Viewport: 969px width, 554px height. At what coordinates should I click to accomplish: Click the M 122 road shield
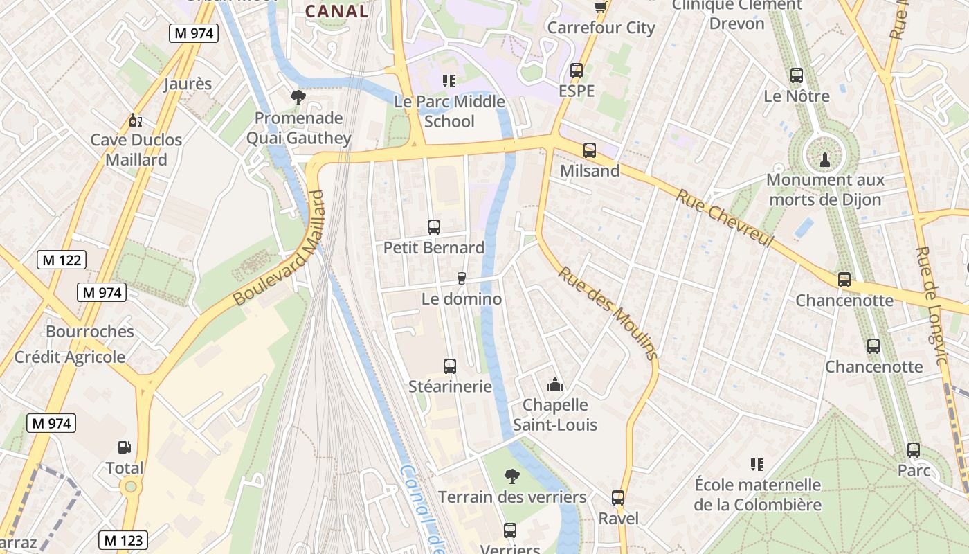coord(62,260)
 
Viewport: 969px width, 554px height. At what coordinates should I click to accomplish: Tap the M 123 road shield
coord(124,540)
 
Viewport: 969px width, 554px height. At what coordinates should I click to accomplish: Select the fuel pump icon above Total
coord(125,448)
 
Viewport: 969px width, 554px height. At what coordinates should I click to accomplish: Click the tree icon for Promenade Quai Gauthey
coord(298,98)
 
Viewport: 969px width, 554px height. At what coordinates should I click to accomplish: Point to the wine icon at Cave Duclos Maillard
coord(136,120)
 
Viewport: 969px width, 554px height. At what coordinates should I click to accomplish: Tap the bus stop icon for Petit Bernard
coord(434,227)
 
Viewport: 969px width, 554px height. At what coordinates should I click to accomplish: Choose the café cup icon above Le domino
coord(462,278)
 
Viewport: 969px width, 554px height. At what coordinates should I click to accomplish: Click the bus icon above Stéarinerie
coord(450,366)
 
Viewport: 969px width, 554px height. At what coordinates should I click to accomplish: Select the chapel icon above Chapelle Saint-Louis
coord(554,384)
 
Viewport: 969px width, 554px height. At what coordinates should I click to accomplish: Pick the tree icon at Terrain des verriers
coord(512,476)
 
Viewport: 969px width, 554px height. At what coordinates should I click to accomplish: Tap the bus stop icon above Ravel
coord(618,498)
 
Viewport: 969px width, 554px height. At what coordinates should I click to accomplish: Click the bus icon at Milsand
coord(590,150)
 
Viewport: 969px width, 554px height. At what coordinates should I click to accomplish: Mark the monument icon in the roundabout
coord(825,159)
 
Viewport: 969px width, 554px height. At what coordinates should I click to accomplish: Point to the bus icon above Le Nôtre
coord(797,75)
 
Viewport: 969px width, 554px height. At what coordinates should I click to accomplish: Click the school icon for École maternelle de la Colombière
coord(757,465)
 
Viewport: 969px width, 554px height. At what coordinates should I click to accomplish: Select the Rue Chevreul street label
coord(724,218)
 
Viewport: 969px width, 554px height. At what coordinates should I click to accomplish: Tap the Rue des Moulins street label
coord(607,313)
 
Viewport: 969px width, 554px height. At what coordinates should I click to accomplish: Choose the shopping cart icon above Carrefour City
coord(600,7)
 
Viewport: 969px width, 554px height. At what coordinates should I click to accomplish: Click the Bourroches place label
coord(90,331)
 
